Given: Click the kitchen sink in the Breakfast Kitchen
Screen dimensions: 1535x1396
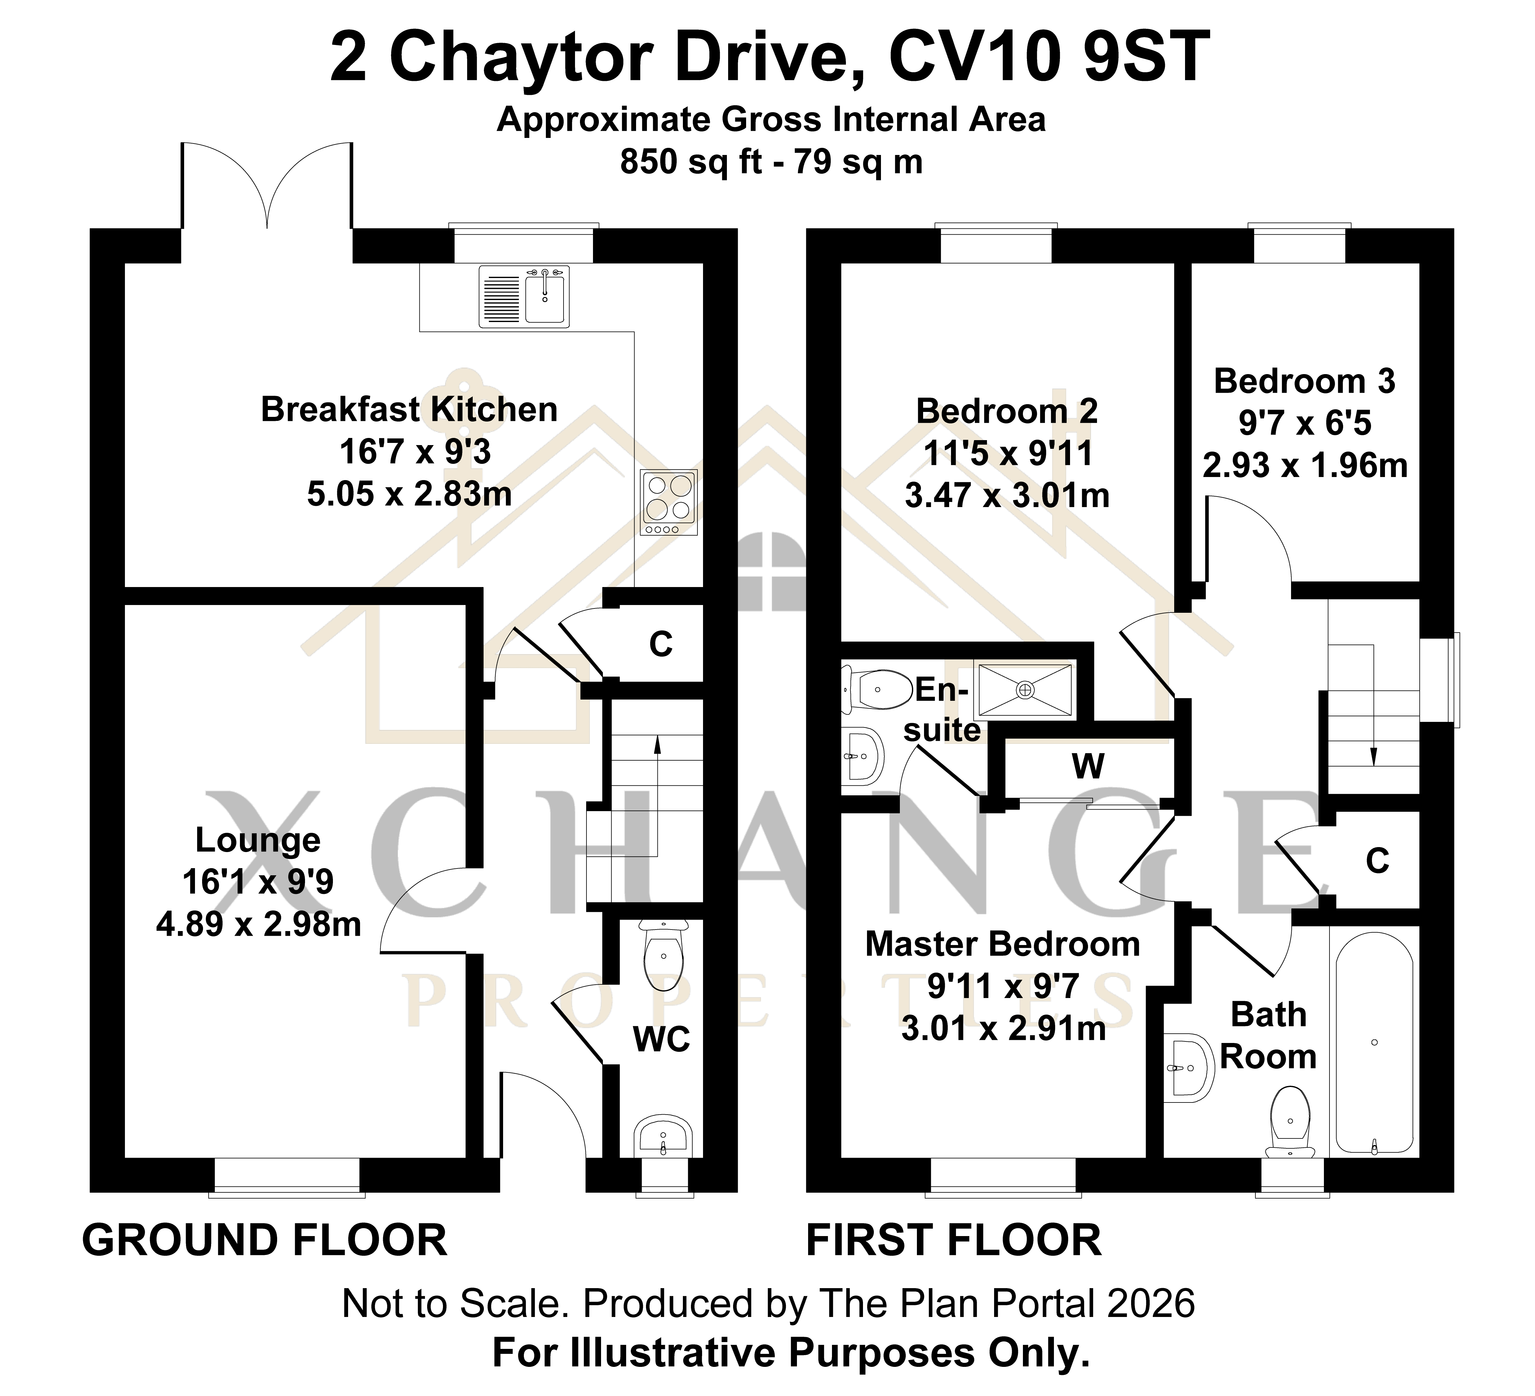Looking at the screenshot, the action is (524, 296).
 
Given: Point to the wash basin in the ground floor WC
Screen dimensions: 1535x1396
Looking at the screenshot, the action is (663, 1136).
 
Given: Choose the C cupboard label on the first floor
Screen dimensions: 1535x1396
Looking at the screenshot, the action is (1378, 861).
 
